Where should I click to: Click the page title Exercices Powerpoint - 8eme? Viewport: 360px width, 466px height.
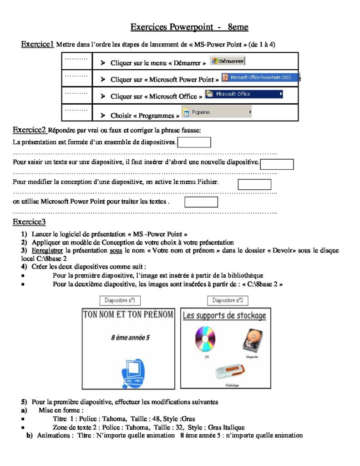click(189, 27)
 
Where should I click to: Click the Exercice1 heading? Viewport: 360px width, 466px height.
click(37, 44)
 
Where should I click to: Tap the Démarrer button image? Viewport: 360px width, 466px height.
click(228, 61)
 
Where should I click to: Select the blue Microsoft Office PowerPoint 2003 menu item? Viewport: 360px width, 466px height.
click(260, 78)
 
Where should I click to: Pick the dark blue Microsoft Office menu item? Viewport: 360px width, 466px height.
click(243, 94)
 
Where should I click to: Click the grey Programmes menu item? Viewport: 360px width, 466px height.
click(217, 112)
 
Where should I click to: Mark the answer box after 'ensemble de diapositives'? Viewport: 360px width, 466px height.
click(194, 142)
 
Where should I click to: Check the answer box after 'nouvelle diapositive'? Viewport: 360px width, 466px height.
click(277, 164)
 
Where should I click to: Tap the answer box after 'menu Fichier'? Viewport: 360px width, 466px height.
click(254, 184)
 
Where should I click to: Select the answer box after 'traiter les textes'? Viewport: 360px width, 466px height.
click(201, 202)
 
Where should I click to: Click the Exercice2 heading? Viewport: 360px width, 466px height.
click(30, 130)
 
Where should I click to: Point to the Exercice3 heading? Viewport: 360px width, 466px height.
click(29, 222)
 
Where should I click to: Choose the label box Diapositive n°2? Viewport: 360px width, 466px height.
click(228, 300)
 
